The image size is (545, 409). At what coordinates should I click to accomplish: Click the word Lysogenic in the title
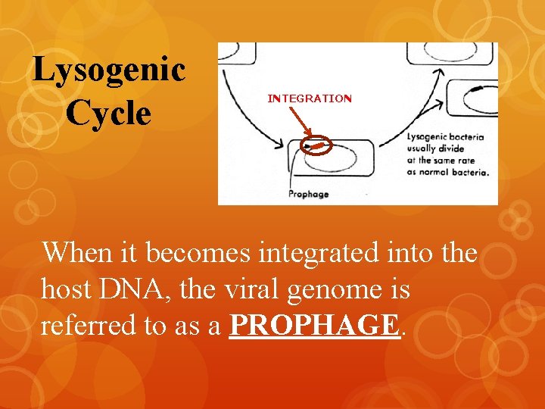coord(109,70)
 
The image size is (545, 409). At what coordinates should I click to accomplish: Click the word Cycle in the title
coord(108,113)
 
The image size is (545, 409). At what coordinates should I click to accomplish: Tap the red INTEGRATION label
coord(310,98)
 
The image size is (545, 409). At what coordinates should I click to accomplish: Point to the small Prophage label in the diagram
coord(308,194)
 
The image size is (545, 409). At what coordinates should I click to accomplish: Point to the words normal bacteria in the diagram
coord(454,171)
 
